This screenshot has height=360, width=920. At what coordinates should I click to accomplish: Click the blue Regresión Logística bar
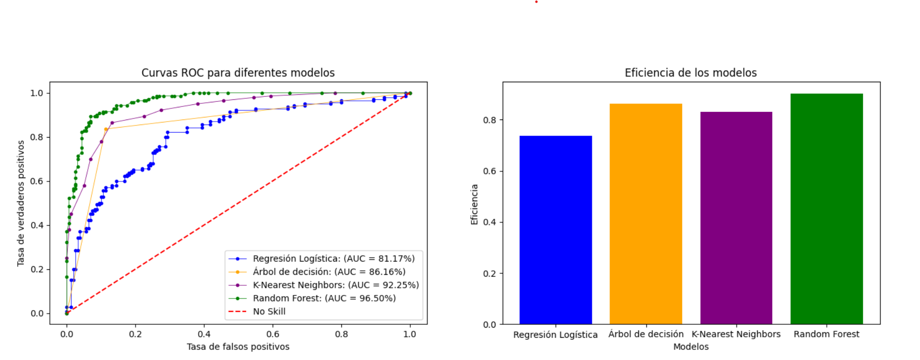pos(556,230)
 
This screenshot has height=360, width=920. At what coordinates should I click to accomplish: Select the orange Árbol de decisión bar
pos(646,214)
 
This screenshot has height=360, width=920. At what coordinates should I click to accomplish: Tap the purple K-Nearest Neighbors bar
pos(736,218)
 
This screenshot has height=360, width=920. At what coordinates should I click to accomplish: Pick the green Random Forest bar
pos(827,209)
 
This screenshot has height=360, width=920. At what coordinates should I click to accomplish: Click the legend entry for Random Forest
pos(324,298)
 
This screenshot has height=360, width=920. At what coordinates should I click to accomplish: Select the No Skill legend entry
pos(269,311)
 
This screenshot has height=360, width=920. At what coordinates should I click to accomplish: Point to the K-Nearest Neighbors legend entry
pos(336,285)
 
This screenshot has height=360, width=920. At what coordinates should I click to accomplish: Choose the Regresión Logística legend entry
pos(334,259)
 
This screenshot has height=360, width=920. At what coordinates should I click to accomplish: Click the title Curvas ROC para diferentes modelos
pos(238,73)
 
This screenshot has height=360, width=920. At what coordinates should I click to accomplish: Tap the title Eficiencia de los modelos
pos(691,73)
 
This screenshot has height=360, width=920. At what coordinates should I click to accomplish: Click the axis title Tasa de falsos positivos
pos(238,346)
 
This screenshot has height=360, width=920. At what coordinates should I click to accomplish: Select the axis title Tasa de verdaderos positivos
pos(21,203)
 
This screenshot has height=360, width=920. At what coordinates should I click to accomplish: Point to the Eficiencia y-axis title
pos(474,204)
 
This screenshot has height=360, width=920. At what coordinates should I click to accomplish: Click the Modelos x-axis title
pos(691,346)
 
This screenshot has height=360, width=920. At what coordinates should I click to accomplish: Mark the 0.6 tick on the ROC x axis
pos(273,334)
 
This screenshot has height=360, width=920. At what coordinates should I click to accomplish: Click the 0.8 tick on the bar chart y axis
pos(489,120)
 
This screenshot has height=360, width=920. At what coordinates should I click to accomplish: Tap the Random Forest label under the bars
pos(826,334)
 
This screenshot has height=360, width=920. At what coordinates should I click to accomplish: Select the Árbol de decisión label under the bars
pos(646,334)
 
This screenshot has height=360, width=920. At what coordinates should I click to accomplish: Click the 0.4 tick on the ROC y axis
pos(37,225)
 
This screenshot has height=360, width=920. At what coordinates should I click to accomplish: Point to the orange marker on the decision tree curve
pos(105,129)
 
